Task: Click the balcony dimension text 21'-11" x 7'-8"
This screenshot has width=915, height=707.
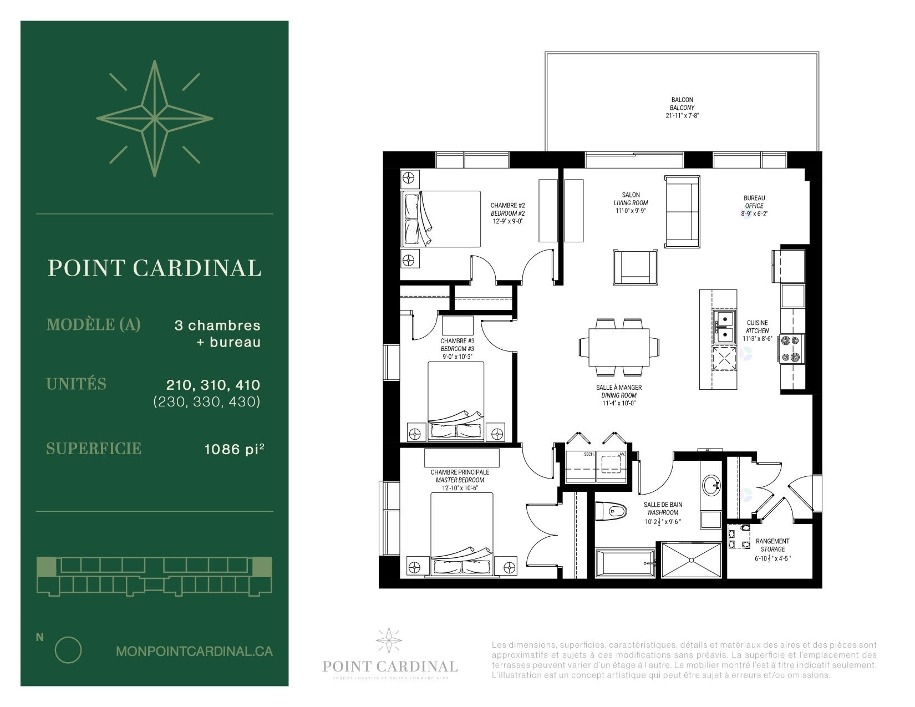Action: click(682, 116)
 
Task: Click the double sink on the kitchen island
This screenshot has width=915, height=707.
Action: click(724, 327)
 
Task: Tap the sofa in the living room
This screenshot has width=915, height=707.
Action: click(682, 211)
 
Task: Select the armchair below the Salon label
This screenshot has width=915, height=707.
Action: click(637, 267)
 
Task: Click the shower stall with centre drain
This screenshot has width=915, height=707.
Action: click(691, 561)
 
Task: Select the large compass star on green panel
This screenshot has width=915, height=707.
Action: click(155, 119)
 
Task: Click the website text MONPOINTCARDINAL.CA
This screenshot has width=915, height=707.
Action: click(194, 651)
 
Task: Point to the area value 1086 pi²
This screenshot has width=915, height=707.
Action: click(233, 449)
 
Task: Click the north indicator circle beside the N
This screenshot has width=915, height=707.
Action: click(68, 650)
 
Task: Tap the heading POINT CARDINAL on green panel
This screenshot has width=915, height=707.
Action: click(155, 268)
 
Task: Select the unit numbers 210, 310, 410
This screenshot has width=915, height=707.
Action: click(213, 384)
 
